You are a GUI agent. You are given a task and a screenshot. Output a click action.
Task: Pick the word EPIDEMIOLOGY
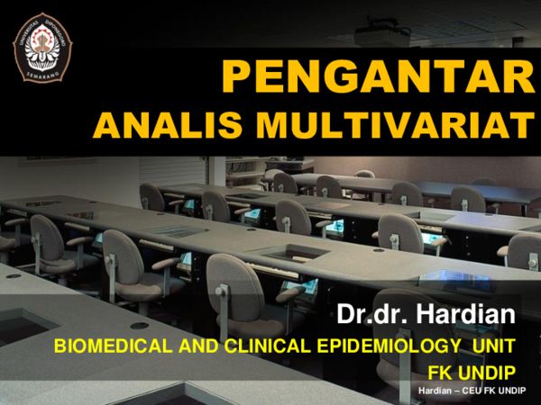[x=376, y=346]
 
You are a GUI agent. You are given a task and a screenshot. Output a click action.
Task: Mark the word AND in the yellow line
[x=181, y=346]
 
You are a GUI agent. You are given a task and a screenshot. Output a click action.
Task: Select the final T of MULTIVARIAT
[x=522, y=126]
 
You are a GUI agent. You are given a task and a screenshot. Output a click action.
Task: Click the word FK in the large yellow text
[x=442, y=372]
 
